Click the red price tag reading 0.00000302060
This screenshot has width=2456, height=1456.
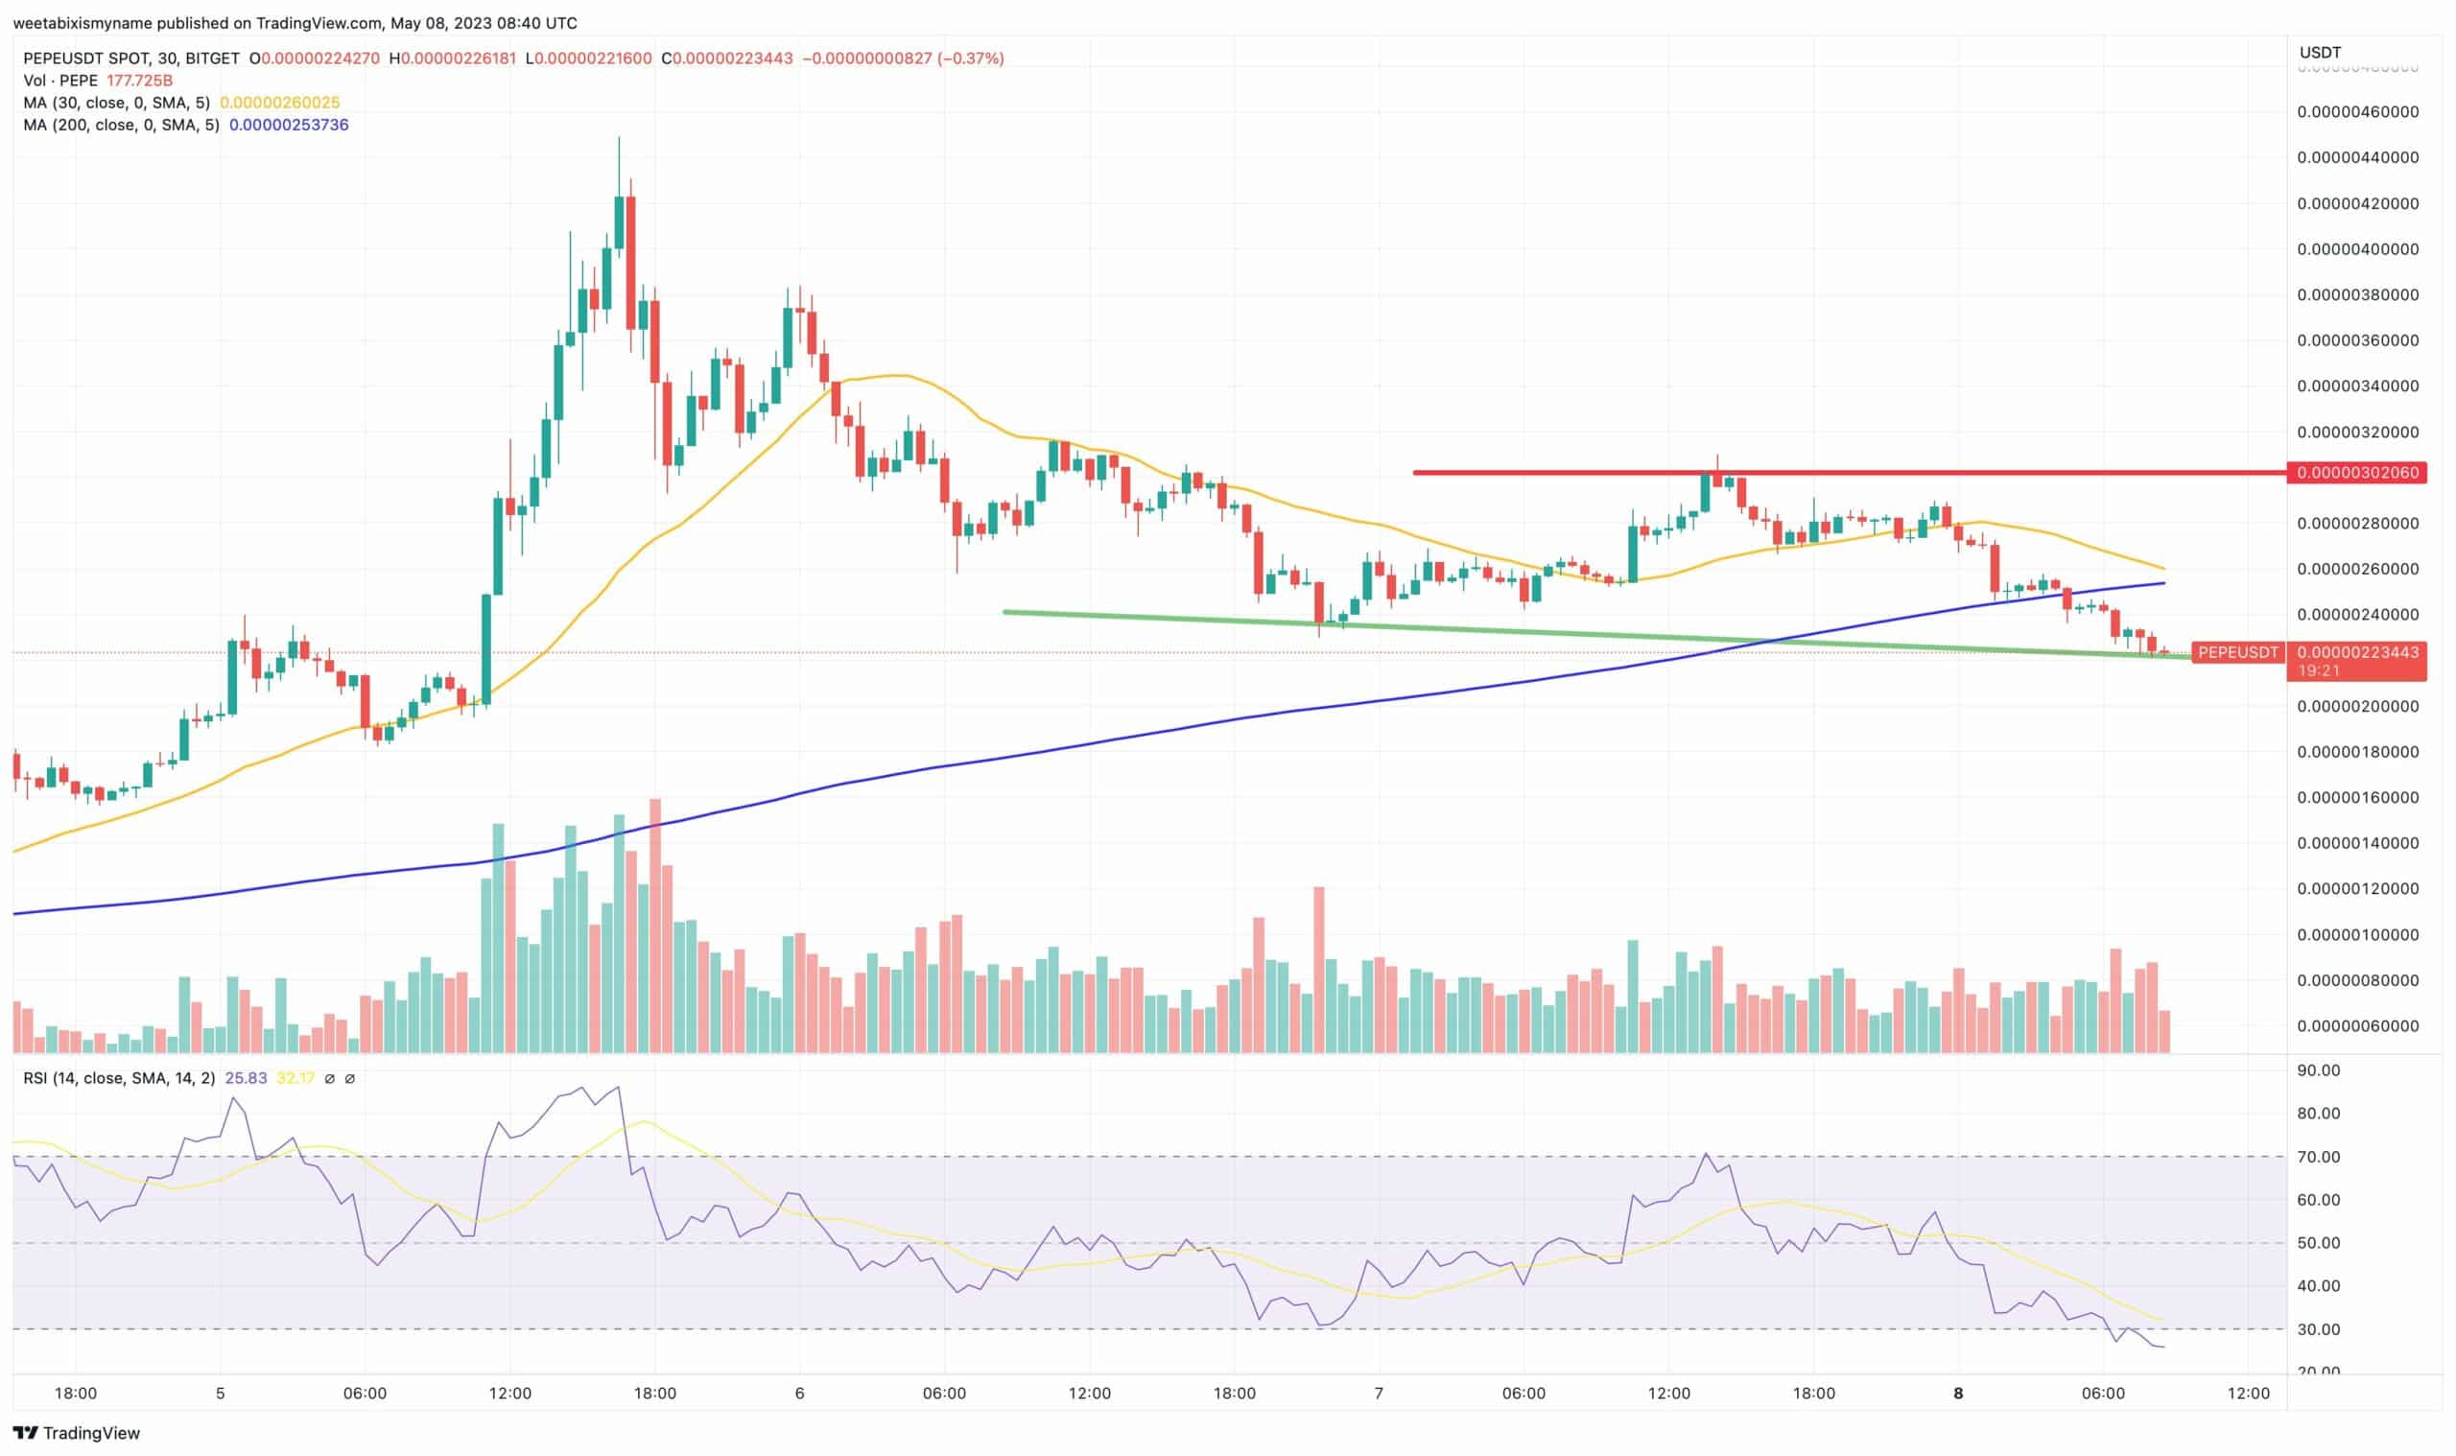pos(2357,473)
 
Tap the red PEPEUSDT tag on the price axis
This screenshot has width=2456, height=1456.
pos(2237,652)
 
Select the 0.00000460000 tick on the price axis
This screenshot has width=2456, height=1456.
pos(2357,112)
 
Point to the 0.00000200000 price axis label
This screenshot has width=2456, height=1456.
pos(2357,706)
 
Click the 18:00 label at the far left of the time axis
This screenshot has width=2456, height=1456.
pos(76,1394)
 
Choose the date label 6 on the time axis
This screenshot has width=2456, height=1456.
pos(800,1394)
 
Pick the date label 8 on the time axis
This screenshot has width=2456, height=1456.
pos(1957,1394)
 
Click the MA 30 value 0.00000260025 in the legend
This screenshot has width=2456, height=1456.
pos(279,103)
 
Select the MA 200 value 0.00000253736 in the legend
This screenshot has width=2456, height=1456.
pos(289,125)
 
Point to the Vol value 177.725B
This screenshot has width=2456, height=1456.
pos(139,81)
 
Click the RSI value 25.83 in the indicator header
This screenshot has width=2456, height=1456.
pos(246,1078)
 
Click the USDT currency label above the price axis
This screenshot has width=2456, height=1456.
pos(2320,52)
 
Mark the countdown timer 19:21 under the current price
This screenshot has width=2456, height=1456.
pos(2319,671)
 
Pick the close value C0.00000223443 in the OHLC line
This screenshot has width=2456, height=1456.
pos(727,59)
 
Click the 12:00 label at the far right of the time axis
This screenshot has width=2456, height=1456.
pos(2248,1394)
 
